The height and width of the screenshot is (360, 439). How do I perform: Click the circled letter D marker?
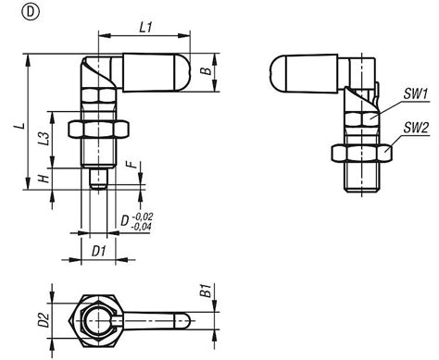pyautogui.click(x=12, y=13)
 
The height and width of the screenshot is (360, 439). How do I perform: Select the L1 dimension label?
pyautogui.click(x=144, y=29)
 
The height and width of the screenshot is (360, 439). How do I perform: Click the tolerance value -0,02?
pyautogui.click(x=142, y=215)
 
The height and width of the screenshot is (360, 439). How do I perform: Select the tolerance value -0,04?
pyautogui.click(x=142, y=225)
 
